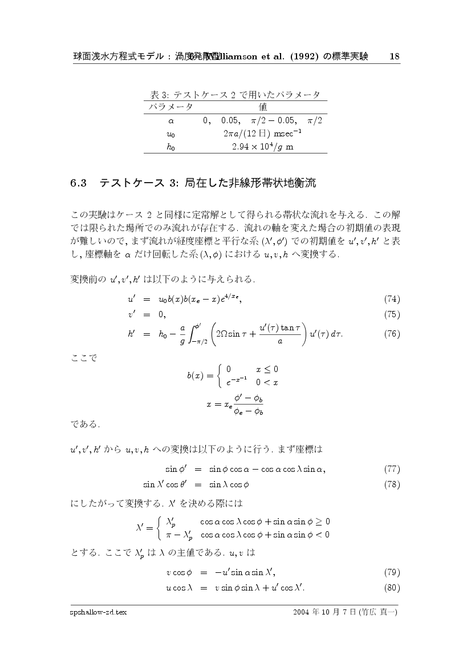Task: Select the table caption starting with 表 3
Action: point(234,94)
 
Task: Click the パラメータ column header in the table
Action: point(170,107)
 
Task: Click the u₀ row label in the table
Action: point(170,134)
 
